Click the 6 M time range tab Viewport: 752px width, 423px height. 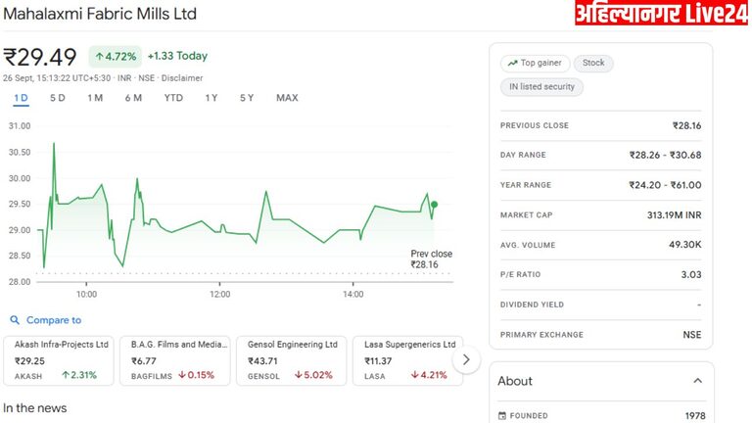coord(133,98)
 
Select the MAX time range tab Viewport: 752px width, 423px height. coord(287,98)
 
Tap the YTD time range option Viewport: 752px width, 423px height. coord(173,98)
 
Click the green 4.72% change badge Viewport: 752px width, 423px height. coord(116,57)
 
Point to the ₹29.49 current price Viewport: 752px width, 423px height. coord(41,57)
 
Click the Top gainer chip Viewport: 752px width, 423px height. coord(535,63)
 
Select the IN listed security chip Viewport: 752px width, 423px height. coord(541,87)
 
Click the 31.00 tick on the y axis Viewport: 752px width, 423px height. coord(20,126)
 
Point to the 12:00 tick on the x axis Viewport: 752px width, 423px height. coord(219,294)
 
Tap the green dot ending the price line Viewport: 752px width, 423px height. coord(434,205)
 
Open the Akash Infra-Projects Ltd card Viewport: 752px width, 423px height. coord(59,360)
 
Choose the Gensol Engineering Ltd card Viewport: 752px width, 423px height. coord(291,360)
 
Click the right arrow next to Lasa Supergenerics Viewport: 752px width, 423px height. coord(466,359)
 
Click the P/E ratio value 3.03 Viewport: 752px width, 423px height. coord(690,275)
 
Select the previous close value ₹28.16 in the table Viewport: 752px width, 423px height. coord(686,125)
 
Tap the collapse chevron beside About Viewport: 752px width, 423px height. coord(698,381)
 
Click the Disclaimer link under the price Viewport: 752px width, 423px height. coord(182,77)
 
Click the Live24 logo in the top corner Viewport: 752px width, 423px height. coord(660,14)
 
